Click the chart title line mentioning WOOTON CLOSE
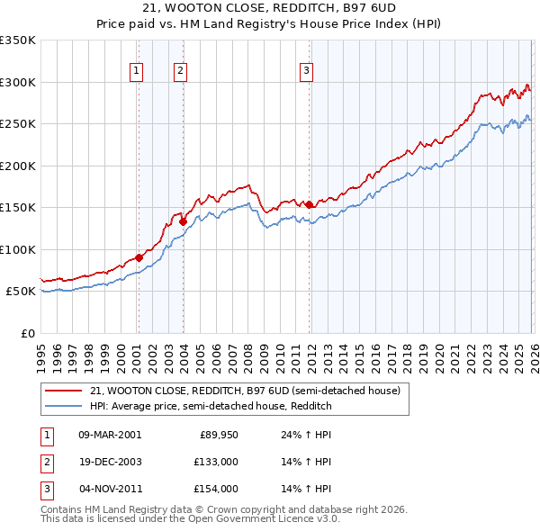270,7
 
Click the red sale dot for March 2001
139,258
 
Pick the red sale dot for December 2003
183,221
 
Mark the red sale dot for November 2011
309,204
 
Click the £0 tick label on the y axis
27,333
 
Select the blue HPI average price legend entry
211,406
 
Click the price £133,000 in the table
217,462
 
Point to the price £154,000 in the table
217,489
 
